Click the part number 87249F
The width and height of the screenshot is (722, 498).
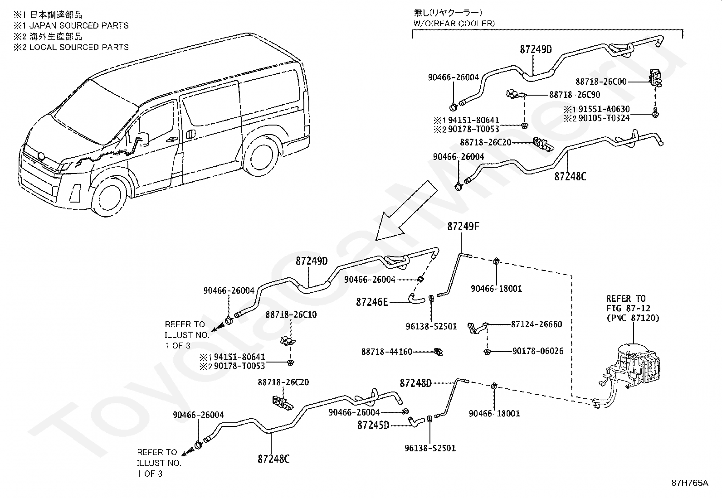coord(463,227)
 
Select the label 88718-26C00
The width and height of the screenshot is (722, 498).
coord(601,82)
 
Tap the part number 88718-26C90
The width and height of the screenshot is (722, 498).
coord(575,95)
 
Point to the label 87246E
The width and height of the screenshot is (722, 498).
coord(371,302)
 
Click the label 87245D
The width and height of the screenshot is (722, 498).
coord(373,425)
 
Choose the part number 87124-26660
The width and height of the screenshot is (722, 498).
coord(537,324)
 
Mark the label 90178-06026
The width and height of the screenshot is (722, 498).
coord(538,351)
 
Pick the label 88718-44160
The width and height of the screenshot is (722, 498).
coord(387,352)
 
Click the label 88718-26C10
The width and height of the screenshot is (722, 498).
coord(291,314)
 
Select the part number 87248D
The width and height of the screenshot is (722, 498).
coord(415,383)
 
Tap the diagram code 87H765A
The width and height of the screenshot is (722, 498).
coord(690,483)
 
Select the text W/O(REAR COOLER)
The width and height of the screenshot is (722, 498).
coord(454,23)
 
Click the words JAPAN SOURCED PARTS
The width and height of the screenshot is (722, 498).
coord(79,25)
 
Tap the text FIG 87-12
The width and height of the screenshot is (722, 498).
coord(627,308)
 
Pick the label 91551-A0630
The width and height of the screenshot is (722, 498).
coord(604,109)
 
